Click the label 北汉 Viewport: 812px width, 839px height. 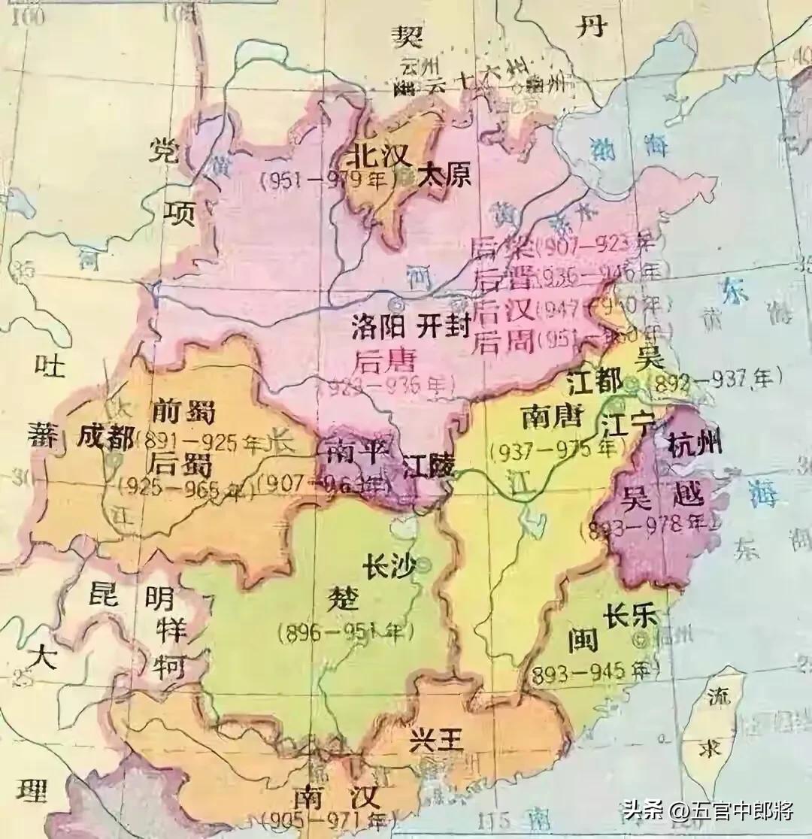click(378, 157)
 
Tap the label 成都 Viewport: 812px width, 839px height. click(107, 438)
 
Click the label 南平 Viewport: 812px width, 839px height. click(356, 451)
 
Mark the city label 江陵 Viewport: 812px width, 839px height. click(428, 466)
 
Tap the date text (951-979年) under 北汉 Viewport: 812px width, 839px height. click(329, 181)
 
